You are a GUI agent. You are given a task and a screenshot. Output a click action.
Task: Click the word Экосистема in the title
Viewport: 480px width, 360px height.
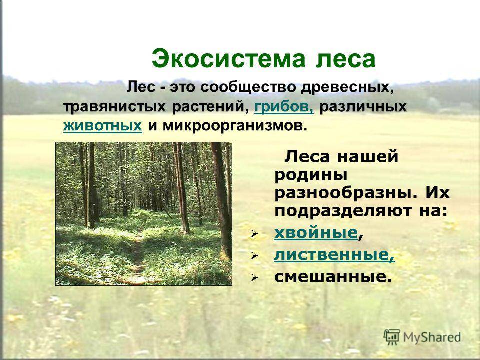pyautogui.click(x=228, y=59)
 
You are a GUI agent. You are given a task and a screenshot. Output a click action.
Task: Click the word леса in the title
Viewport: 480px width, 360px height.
pyautogui.click(x=345, y=59)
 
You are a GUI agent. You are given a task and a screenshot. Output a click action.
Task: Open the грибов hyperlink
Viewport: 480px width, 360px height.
pyautogui.click(x=284, y=107)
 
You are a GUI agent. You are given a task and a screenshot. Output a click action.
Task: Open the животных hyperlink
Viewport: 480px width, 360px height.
pyautogui.click(x=103, y=126)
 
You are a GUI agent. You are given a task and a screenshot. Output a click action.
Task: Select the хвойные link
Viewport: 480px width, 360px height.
pyautogui.click(x=316, y=233)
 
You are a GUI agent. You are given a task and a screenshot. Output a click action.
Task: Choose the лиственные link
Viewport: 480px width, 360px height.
pyautogui.click(x=334, y=255)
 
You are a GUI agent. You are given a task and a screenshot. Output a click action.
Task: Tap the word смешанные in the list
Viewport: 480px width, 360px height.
pyautogui.click(x=333, y=276)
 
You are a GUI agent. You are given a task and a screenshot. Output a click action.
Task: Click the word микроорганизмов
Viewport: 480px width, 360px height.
pyautogui.click(x=234, y=126)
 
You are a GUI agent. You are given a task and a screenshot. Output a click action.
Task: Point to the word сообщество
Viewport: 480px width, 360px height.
pyautogui.click(x=248, y=88)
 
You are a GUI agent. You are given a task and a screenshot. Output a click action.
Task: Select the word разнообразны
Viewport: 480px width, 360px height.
pyautogui.click(x=346, y=193)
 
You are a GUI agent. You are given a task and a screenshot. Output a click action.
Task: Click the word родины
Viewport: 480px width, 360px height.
pyautogui.click(x=311, y=175)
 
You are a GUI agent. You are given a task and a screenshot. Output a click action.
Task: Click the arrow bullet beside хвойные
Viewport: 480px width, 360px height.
pyautogui.click(x=254, y=234)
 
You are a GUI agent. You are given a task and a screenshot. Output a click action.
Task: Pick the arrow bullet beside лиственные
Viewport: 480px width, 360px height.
pyautogui.click(x=254, y=255)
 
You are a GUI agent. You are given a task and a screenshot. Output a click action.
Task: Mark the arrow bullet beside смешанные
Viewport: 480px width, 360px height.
pyautogui.click(x=254, y=277)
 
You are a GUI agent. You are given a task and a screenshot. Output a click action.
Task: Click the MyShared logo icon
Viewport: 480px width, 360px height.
pyautogui.click(x=392, y=337)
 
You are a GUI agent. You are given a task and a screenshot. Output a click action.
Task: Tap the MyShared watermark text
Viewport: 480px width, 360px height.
pyautogui.click(x=432, y=337)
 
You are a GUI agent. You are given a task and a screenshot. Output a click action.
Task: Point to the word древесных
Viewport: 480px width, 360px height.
pyautogui.click(x=346, y=88)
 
